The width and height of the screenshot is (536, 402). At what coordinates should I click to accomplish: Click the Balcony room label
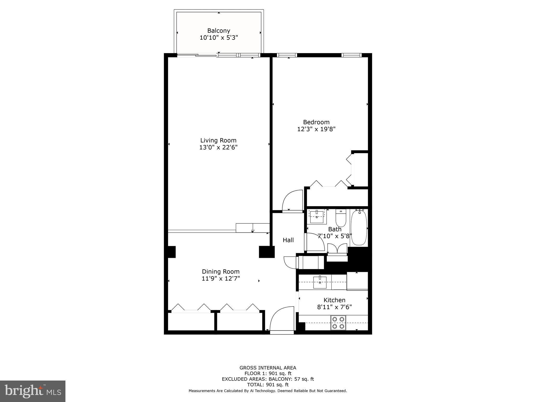[219, 31]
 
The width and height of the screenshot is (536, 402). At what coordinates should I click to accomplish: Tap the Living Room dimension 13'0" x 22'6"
[218, 147]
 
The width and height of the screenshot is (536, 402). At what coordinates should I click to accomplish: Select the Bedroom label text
[316, 122]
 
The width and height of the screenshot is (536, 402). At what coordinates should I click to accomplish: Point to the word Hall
[288, 240]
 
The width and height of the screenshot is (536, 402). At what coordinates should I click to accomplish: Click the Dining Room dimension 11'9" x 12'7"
[221, 278]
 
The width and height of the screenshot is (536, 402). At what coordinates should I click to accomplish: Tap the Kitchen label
[334, 300]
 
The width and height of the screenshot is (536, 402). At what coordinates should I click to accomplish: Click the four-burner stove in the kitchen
[338, 323]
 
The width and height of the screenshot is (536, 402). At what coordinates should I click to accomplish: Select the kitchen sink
[320, 282]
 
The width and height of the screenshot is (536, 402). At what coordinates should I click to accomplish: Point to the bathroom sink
[317, 216]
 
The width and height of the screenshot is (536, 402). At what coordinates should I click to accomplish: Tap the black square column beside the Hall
[267, 252]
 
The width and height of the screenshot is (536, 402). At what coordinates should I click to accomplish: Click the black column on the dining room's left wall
[171, 252]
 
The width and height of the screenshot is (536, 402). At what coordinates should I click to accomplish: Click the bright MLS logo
[33, 391]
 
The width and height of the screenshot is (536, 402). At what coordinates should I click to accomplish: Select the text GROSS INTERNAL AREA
[268, 368]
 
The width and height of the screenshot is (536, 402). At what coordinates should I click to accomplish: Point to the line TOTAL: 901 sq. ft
[268, 385]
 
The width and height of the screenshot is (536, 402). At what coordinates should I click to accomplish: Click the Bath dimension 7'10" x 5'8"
[334, 236]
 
